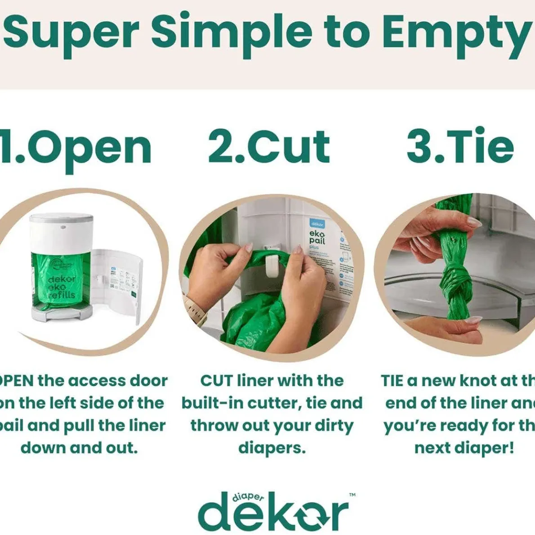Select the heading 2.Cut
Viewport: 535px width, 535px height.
(x=269, y=147)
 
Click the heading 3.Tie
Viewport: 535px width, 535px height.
(x=460, y=147)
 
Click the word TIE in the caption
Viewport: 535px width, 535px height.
(x=392, y=381)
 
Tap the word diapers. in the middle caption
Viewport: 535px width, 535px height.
(x=272, y=447)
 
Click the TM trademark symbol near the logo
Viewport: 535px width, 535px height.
(x=352, y=495)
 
